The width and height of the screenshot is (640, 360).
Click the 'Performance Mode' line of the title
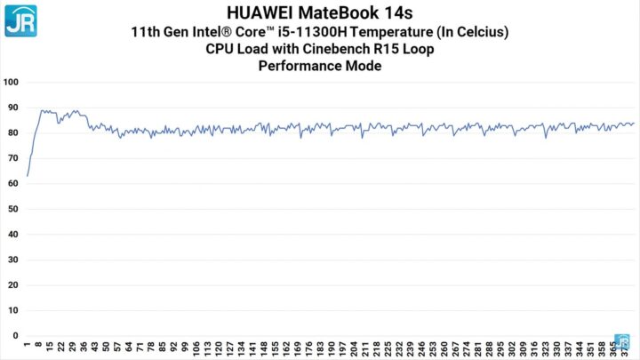[319, 65]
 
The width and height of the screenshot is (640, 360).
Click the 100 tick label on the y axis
[12, 82]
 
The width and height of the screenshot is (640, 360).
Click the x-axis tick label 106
[196, 349]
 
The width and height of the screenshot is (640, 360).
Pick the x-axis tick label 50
[106, 348]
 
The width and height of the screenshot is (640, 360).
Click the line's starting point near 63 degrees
[28, 176]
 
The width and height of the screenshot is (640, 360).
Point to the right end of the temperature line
[634, 124]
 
